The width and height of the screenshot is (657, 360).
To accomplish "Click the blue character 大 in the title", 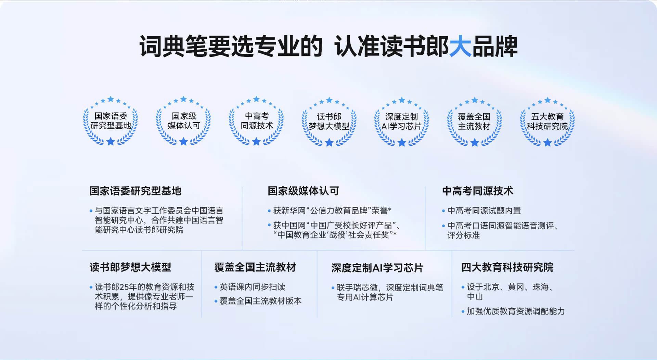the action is (x=460, y=46).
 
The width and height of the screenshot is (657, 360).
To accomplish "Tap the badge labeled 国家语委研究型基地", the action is (x=111, y=121).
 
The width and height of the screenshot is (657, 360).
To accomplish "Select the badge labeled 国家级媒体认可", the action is (x=183, y=121).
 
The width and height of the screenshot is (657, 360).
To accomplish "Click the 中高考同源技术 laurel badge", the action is (x=256, y=121).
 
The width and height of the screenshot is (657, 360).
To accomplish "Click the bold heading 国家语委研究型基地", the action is (x=136, y=191).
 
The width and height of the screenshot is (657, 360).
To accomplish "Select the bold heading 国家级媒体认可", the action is (x=303, y=191).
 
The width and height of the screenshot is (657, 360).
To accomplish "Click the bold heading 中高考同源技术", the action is (x=478, y=191).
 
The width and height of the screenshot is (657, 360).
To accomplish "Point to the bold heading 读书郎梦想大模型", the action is (x=130, y=267).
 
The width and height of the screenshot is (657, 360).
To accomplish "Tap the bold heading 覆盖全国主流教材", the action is (x=255, y=267).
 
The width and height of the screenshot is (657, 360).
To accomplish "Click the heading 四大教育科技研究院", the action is (x=507, y=267).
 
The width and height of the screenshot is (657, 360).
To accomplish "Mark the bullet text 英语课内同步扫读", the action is (x=253, y=287).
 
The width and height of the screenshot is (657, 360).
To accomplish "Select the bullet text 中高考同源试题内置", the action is (x=484, y=210).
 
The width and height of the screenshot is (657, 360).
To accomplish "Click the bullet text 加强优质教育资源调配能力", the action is (x=516, y=311).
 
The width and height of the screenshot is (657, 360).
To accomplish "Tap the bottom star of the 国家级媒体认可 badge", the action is (x=183, y=141).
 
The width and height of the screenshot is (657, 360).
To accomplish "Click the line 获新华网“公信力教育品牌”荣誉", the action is (x=332, y=210).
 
